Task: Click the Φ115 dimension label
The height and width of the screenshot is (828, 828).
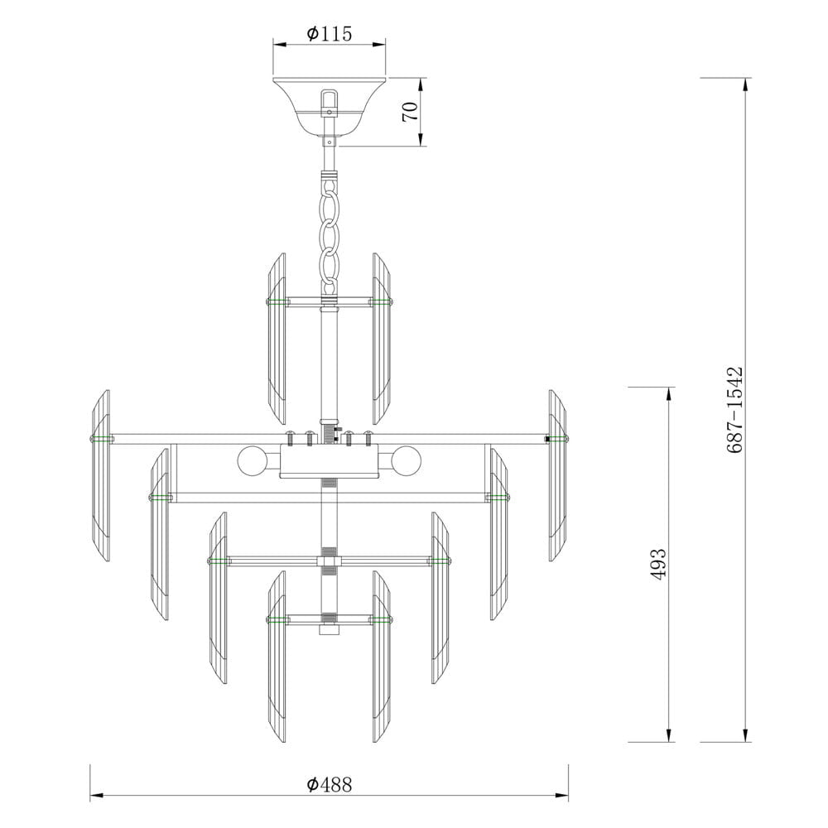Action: (x=329, y=34)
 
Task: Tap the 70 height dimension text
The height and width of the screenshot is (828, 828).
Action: (x=411, y=112)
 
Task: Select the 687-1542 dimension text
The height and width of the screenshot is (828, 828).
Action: (x=734, y=411)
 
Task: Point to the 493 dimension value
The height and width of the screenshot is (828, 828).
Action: (x=658, y=565)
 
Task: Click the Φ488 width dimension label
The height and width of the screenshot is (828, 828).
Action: (x=329, y=785)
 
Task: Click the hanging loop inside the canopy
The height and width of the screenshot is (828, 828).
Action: (x=330, y=103)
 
